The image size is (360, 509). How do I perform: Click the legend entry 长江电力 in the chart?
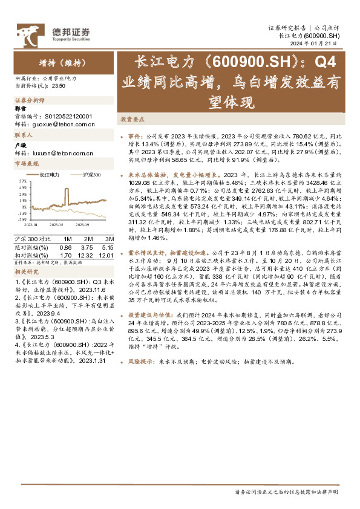(x=49, y=175)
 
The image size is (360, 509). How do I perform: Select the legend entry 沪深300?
(x=90, y=175)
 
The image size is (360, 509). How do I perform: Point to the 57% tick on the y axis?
(x=22, y=180)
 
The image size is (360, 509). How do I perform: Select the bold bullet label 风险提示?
(x=141, y=362)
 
